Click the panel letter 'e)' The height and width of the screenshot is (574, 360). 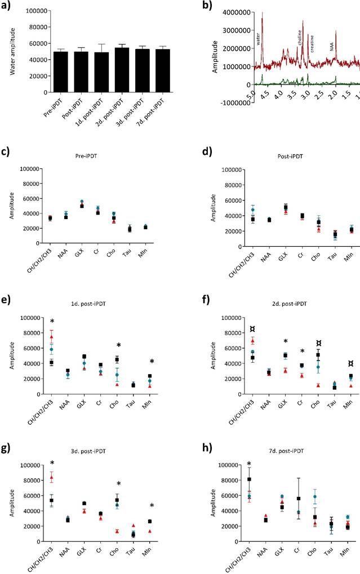click(x=8, y=298)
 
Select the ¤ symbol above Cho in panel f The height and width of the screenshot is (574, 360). click(x=303, y=342)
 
